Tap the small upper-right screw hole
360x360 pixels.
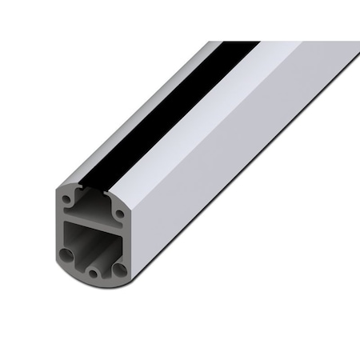tap(119, 213)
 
